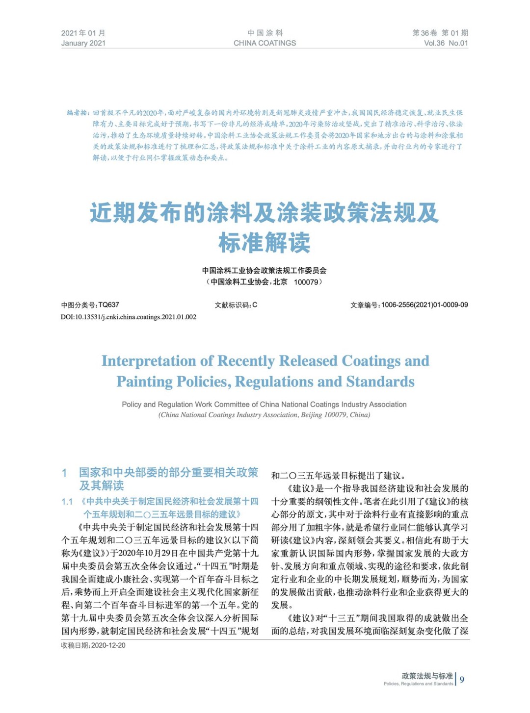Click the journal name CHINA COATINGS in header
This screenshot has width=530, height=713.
click(265, 43)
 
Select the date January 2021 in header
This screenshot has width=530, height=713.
click(83, 43)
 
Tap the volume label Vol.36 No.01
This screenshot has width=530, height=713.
click(446, 43)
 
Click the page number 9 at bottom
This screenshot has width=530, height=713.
click(462, 680)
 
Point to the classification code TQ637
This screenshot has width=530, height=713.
click(108, 305)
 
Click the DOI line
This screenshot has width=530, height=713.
click(129, 317)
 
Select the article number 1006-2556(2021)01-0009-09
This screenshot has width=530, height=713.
click(424, 305)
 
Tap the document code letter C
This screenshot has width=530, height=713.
click(255, 305)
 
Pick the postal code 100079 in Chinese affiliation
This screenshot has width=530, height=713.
click(306, 282)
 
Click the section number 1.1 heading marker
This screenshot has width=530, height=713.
click(67, 502)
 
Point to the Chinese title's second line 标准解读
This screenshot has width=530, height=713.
click(265, 243)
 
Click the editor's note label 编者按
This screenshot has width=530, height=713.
click(78, 113)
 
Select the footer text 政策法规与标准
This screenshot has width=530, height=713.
click(427, 676)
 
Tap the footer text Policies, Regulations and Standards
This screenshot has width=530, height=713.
click(418, 684)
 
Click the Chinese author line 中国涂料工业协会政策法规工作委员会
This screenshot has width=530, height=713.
click(265, 270)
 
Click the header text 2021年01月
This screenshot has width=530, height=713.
click(83, 33)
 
